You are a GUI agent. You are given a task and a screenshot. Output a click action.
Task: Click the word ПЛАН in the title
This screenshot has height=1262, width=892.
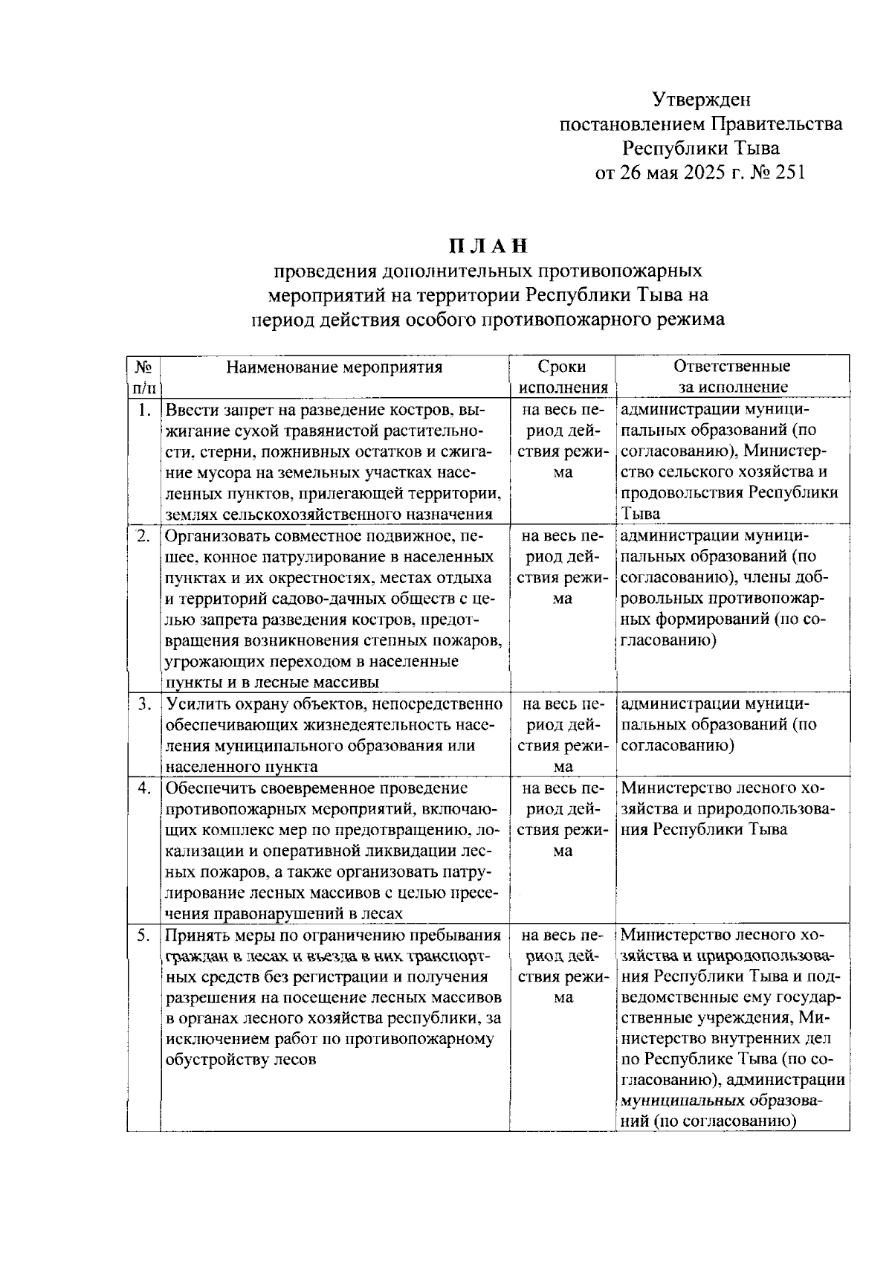point(488,245)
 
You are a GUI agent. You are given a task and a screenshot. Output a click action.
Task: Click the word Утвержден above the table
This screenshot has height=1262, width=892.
point(701,99)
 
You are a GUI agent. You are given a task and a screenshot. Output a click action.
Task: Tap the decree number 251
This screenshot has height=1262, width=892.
point(789,173)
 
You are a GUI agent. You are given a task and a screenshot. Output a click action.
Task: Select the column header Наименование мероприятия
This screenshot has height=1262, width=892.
point(334,367)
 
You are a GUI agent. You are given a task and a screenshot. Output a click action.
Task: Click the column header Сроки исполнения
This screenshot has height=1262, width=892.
point(563,376)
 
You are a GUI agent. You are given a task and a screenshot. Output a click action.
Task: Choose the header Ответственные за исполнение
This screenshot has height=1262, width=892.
point(732,376)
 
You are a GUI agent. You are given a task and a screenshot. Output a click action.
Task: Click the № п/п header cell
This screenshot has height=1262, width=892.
point(143,376)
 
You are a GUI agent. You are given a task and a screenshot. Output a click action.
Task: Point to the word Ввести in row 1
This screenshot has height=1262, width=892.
point(189,410)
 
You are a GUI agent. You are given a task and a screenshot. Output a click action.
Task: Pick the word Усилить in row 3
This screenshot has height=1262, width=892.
point(193,704)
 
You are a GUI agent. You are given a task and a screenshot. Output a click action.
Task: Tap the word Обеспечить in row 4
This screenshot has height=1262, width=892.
point(208,788)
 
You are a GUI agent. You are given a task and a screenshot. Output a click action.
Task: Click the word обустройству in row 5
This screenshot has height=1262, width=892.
point(213,1060)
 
